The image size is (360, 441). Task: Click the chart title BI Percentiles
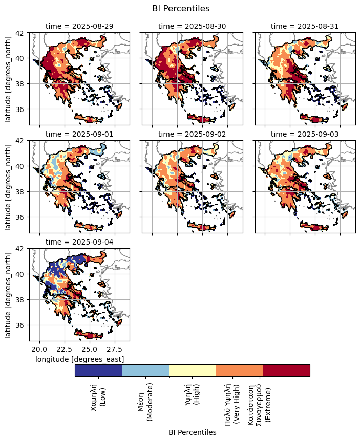point(180,8)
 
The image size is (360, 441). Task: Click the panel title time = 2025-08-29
point(79,26)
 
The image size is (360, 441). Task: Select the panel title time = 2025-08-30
point(192,26)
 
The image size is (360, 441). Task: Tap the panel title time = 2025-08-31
point(305,26)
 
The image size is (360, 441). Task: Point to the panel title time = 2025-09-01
point(79,134)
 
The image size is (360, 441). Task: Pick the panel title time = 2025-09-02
point(192,134)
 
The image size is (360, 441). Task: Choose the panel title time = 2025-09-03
point(305,134)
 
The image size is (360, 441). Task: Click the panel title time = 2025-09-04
point(79,242)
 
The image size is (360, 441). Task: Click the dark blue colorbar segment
point(98,370)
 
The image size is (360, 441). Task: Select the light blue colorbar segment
point(145,370)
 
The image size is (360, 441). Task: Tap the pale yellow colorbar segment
point(193,370)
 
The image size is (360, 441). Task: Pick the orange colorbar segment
point(239,370)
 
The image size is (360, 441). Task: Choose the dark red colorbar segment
point(286,370)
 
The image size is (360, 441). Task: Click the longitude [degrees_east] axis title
point(79,359)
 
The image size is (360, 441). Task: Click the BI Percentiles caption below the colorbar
point(192,432)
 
